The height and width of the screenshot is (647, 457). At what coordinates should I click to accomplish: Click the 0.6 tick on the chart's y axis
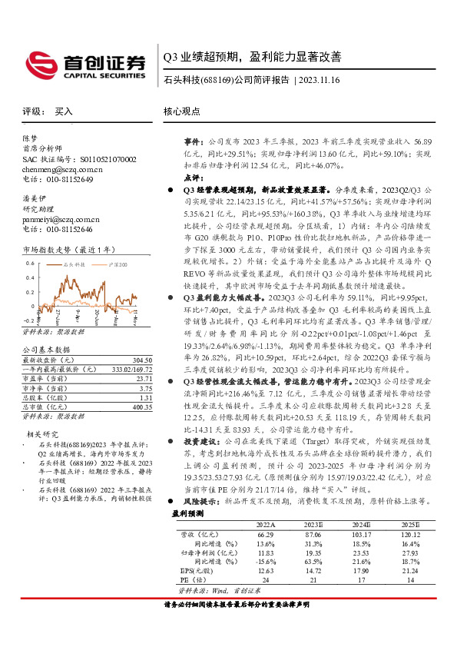tap(29, 264)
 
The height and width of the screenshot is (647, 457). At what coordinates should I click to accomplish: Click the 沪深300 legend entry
tap(115, 264)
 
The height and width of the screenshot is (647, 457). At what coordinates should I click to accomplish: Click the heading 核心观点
tap(183, 111)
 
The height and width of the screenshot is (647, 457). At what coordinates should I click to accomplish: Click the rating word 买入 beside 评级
tap(64, 111)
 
